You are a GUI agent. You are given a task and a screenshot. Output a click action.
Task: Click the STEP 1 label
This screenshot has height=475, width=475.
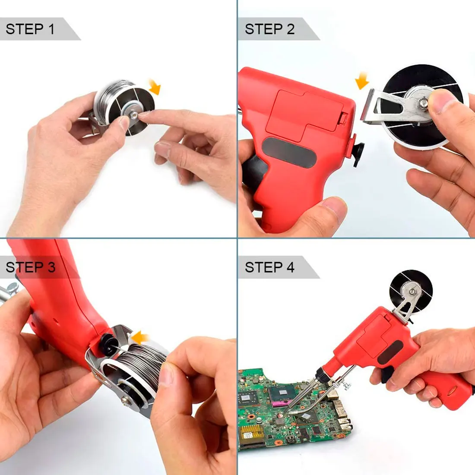click(30, 29)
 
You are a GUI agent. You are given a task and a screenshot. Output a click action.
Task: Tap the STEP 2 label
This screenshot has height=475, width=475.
click(269, 29)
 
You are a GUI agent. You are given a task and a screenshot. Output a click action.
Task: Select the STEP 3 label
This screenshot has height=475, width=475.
click(31, 267)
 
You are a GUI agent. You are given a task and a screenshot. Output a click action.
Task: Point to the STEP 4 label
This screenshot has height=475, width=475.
click(269, 267)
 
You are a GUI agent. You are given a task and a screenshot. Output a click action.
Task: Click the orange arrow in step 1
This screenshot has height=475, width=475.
click(155, 86)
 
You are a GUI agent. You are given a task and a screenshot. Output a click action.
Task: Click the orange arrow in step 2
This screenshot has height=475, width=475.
click(362, 81)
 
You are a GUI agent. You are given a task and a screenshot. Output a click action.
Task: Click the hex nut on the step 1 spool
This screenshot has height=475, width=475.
click(133, 115)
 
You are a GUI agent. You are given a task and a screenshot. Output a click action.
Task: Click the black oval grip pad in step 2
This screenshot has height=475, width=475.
click(289, 153)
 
